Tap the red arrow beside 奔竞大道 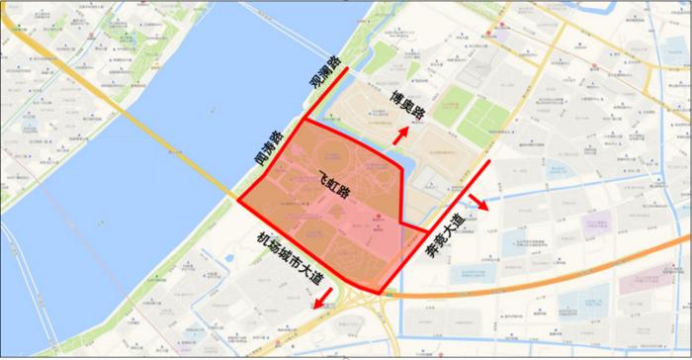pyautogui.click(x=476, y=203)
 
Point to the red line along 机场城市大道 pyautogui.click(x=306, y=245)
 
